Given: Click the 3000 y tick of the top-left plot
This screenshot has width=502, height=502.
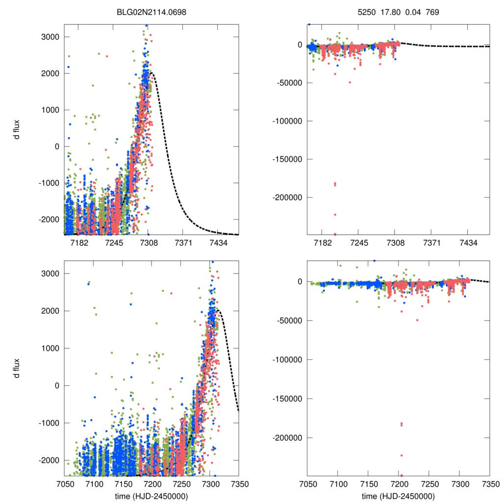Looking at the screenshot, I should [x=50, y=37].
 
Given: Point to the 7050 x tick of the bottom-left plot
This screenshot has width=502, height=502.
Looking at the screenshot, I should [x=64, y=484].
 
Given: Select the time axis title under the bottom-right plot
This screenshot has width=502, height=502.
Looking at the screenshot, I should [x=398, y=496].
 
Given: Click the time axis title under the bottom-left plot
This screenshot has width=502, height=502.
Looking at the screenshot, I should [x=151, y=496].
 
